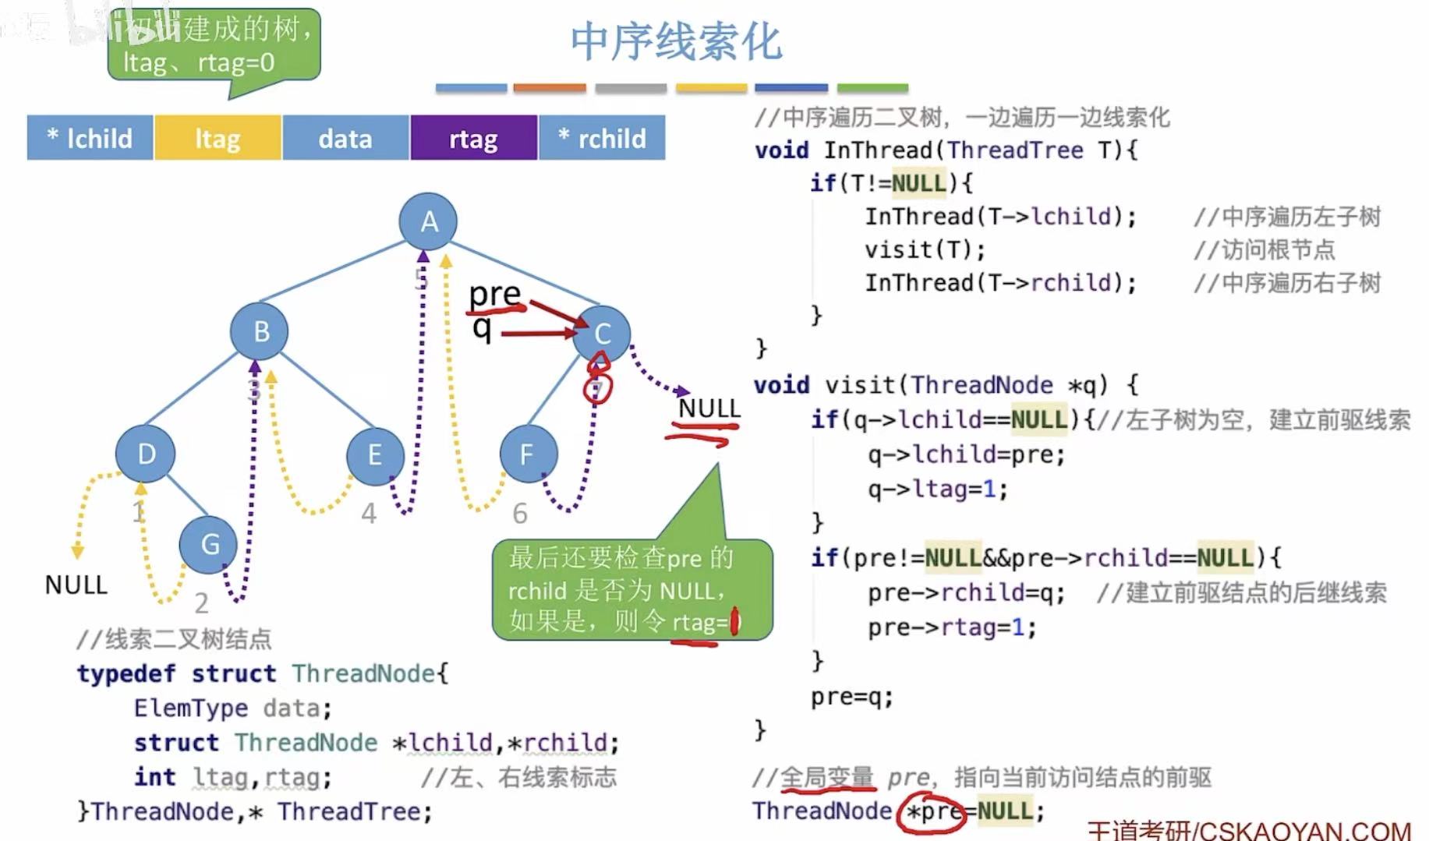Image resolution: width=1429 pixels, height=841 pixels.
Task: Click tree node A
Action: click(x=428, y=222)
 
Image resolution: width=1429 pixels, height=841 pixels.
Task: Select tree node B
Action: click(x=260, y=331)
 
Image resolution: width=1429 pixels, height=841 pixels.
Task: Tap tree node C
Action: click(x=601, y=334)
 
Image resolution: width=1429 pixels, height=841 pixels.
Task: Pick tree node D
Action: click(x=146, y=454)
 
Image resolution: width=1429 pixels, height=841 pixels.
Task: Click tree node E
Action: click(x=375, y=454)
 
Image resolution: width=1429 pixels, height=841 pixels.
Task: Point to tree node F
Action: click(x=528, y=454)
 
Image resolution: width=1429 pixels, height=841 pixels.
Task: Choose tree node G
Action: click(x=209, y=543)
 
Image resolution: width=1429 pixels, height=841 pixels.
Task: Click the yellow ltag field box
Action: click(x=218, y=138)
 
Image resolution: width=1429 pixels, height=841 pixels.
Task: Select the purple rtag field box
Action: click(x=473, y=138)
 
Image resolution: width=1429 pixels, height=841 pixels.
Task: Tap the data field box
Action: click(x=345, y=138)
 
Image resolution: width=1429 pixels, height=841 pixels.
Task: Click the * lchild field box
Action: click(x=90, y=138)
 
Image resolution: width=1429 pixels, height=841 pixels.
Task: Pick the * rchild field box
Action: click(x=602, y=138)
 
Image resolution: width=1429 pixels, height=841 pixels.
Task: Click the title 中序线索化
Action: click(x=675, y=41)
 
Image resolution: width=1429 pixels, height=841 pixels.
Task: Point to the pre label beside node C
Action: click(x=494, y=295)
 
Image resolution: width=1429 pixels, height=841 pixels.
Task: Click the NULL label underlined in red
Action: click(x=709, y=408)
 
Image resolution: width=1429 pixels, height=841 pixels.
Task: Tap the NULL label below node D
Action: click(x=76, y=585)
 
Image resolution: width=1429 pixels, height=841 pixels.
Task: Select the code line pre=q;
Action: click(x=851, y=696)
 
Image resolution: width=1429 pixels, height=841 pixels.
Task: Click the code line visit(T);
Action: click(x=925, y=249)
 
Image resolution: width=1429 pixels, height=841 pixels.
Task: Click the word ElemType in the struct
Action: click(x=191, y=708)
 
